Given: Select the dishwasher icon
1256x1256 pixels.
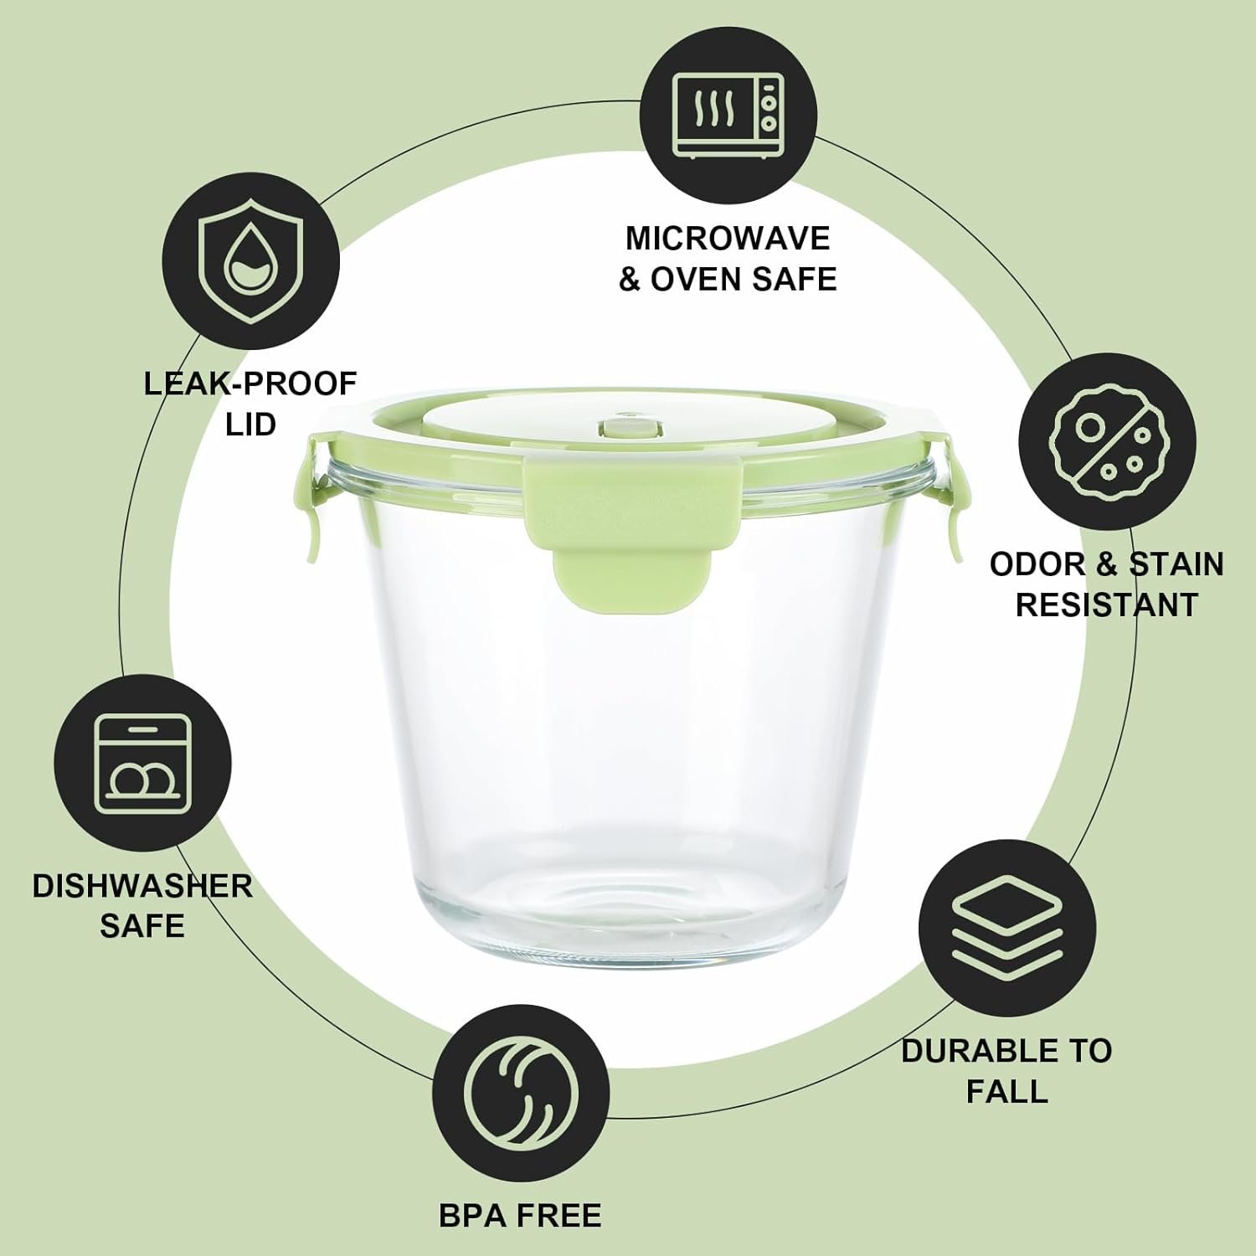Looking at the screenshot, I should tap(142, 764).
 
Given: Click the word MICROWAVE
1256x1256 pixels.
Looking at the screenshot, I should tap(727, 239).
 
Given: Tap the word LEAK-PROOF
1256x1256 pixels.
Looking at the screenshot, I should tap(250, 384).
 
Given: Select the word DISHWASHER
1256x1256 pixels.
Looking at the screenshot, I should tap(142, 886).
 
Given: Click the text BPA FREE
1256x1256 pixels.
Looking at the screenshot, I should tap(520, 1216).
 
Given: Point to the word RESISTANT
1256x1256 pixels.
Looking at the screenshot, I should tap(1106, 605).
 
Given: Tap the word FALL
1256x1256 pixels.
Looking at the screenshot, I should tap(1006, 1092).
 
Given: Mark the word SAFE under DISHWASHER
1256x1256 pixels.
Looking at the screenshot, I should tap(142, 926).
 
